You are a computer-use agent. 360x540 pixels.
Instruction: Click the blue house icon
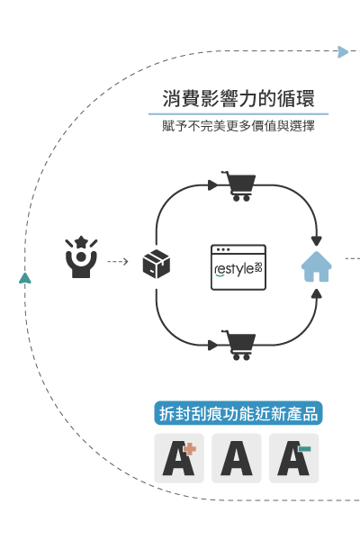[316, 266]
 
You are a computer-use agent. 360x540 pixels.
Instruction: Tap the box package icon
[157, 264]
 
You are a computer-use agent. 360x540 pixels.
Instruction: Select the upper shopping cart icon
[239, 186]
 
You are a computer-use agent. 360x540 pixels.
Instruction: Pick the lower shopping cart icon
[239, 345]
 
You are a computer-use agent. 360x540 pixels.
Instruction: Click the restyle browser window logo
[238, 267]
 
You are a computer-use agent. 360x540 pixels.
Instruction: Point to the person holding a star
[81, 256]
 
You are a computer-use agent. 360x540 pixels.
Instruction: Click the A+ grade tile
[179, 458]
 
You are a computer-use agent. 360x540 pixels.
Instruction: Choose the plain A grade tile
[237, 458]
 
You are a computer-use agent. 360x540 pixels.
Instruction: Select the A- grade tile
[294, 458]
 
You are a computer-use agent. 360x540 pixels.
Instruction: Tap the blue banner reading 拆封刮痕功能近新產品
[238, 413]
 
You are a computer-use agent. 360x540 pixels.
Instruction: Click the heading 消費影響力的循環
[238, 98]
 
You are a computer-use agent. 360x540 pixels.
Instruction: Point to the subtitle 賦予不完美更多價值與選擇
[238, 126]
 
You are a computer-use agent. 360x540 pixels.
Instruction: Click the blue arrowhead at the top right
[343, 52]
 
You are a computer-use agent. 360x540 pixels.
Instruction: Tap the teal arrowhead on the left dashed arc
[25, 278]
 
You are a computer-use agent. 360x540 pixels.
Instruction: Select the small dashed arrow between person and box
[118, 262]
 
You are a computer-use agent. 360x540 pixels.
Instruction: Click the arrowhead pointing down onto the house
[316, 240]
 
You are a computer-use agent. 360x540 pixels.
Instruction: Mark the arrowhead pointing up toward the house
[316, 293]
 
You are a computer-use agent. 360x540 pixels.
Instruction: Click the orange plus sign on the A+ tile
[190, 449]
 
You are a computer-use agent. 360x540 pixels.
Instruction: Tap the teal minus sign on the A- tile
[305, 449]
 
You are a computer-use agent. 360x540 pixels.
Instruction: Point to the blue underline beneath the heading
[238, 113]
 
